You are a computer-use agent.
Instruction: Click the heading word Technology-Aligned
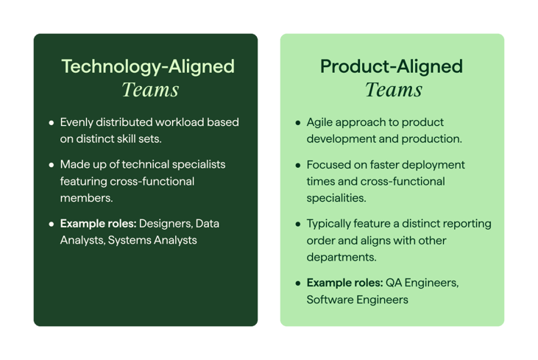coord(147,66)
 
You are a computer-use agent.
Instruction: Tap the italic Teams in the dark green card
coord(150,90)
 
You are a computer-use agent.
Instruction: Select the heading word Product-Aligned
coord(392,66)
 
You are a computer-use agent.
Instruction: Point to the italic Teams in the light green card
coord(394,90)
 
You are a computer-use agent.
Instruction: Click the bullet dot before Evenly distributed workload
coord(51,123)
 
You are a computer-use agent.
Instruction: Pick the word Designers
coord(166,223)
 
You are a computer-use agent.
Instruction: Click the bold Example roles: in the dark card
coord(98,223)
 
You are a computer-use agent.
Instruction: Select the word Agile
coord(321,122)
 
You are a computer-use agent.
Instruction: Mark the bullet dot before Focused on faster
coord(297,165)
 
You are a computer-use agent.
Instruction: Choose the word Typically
coord(332,223)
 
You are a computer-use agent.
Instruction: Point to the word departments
coord(340,258)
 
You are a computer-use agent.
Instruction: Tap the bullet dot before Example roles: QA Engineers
coord(297,283)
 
